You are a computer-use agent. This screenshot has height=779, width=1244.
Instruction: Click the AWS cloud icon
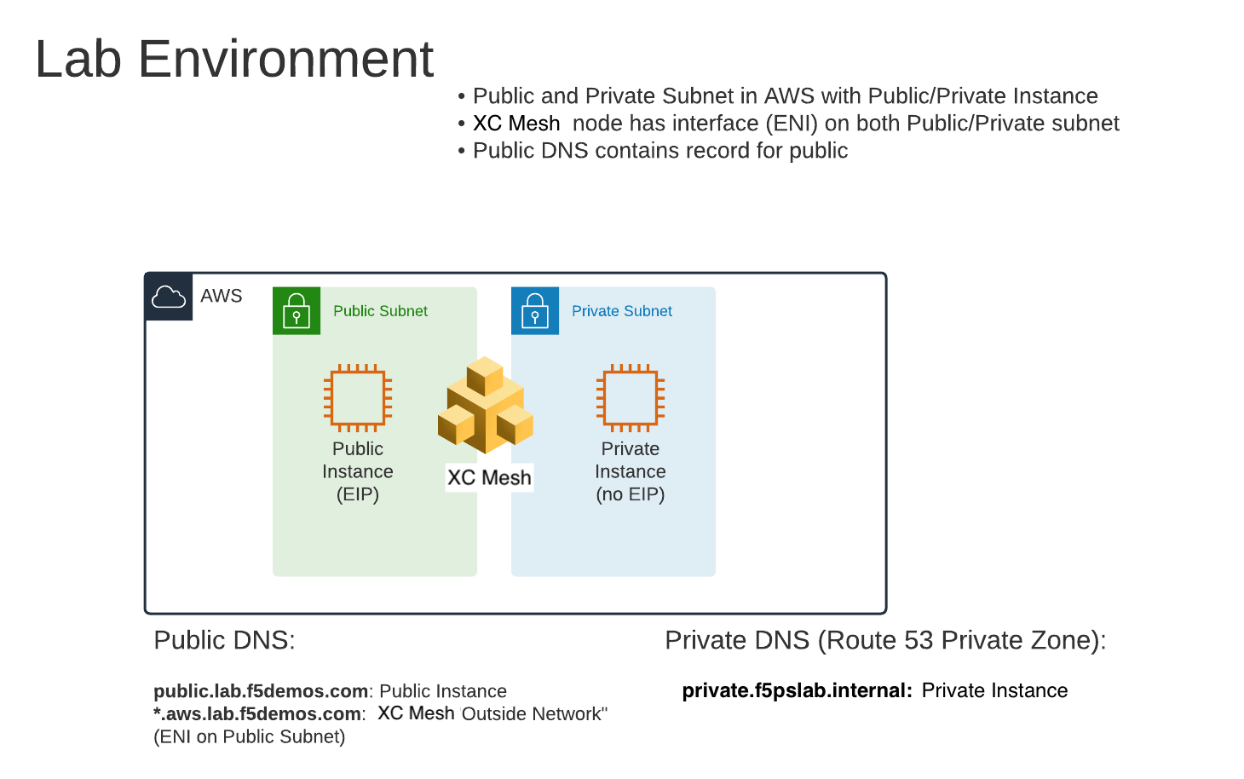[x=168, y=297]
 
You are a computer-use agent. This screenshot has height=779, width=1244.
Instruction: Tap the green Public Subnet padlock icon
[x=297, y=311]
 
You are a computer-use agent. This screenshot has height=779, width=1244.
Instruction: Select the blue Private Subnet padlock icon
[x=535, y=311]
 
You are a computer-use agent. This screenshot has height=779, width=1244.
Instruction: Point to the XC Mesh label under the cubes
[x=489, y=477]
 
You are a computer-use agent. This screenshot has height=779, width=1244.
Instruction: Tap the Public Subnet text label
[x=380, y=311]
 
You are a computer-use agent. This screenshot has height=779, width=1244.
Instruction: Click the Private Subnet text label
[x=622, y=311]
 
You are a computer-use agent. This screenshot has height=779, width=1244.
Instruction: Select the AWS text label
[x=222, y=296]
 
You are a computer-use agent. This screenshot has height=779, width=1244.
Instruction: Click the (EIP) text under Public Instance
[x=358, y=494]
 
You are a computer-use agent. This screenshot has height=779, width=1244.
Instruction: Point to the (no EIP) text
[x=631, y=494]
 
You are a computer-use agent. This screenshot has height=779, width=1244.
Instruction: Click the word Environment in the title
[x=285, y=59]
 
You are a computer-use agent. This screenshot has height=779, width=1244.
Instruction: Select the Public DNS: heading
[x=224, y=640]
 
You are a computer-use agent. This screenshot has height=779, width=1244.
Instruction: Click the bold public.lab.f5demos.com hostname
[x=261, y=691]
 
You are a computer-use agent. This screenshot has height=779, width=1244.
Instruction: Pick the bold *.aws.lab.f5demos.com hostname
[x=257, y=714]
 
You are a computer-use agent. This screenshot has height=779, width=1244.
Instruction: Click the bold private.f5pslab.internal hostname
[x=797, y=690]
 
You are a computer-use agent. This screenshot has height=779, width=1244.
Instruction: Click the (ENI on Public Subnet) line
[x=249, y=736]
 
